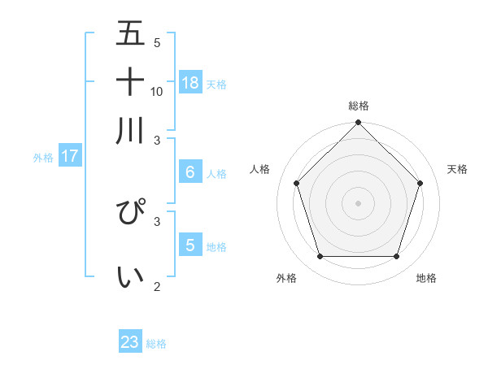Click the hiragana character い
tap(131, 277)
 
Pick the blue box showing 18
tap(190, 82)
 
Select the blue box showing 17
tap(70, 156)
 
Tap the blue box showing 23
tap(130, 342)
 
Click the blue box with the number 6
tap(190, 171)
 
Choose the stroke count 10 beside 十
tap(157, 92)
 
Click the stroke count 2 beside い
tap(157, 286)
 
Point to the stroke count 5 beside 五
tap(157, 42)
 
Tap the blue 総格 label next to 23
tap(156, 344)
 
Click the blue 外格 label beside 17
tap(42, 158)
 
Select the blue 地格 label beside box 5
tap(216, 246)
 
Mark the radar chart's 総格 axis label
tap(359, 106)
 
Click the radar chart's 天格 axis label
tap(458, 169)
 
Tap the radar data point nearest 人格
tap(296, 183)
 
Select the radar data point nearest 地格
tap(396, 256)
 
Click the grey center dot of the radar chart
tap(359, 202)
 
